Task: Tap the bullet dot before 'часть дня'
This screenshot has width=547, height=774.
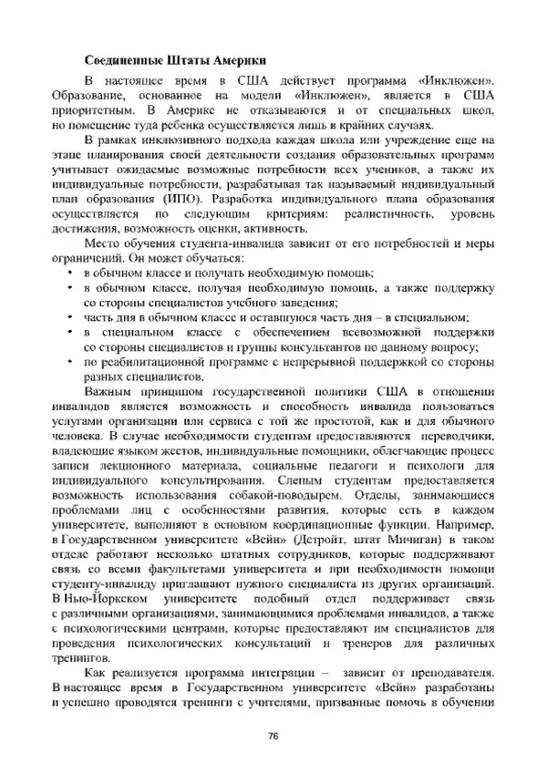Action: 71,317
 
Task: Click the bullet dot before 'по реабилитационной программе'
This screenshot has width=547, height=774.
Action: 71,361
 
